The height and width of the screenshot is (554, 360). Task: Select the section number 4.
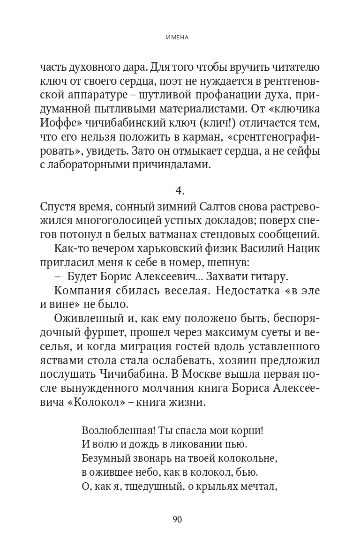[x=180, y=190]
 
